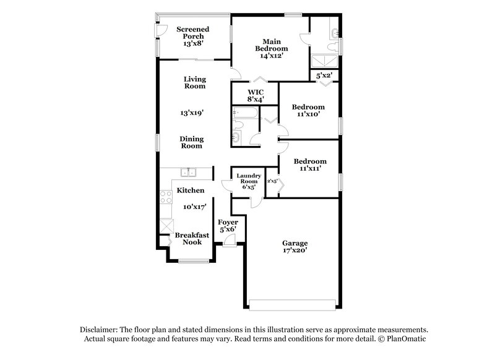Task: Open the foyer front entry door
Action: coord(229,243)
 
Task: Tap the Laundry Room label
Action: coord(248,179)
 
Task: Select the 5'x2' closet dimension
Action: coord(324,75)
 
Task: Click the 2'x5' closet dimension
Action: coord(272,181)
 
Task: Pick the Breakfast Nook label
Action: coord(192,239)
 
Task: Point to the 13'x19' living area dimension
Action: coord(192,113)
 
